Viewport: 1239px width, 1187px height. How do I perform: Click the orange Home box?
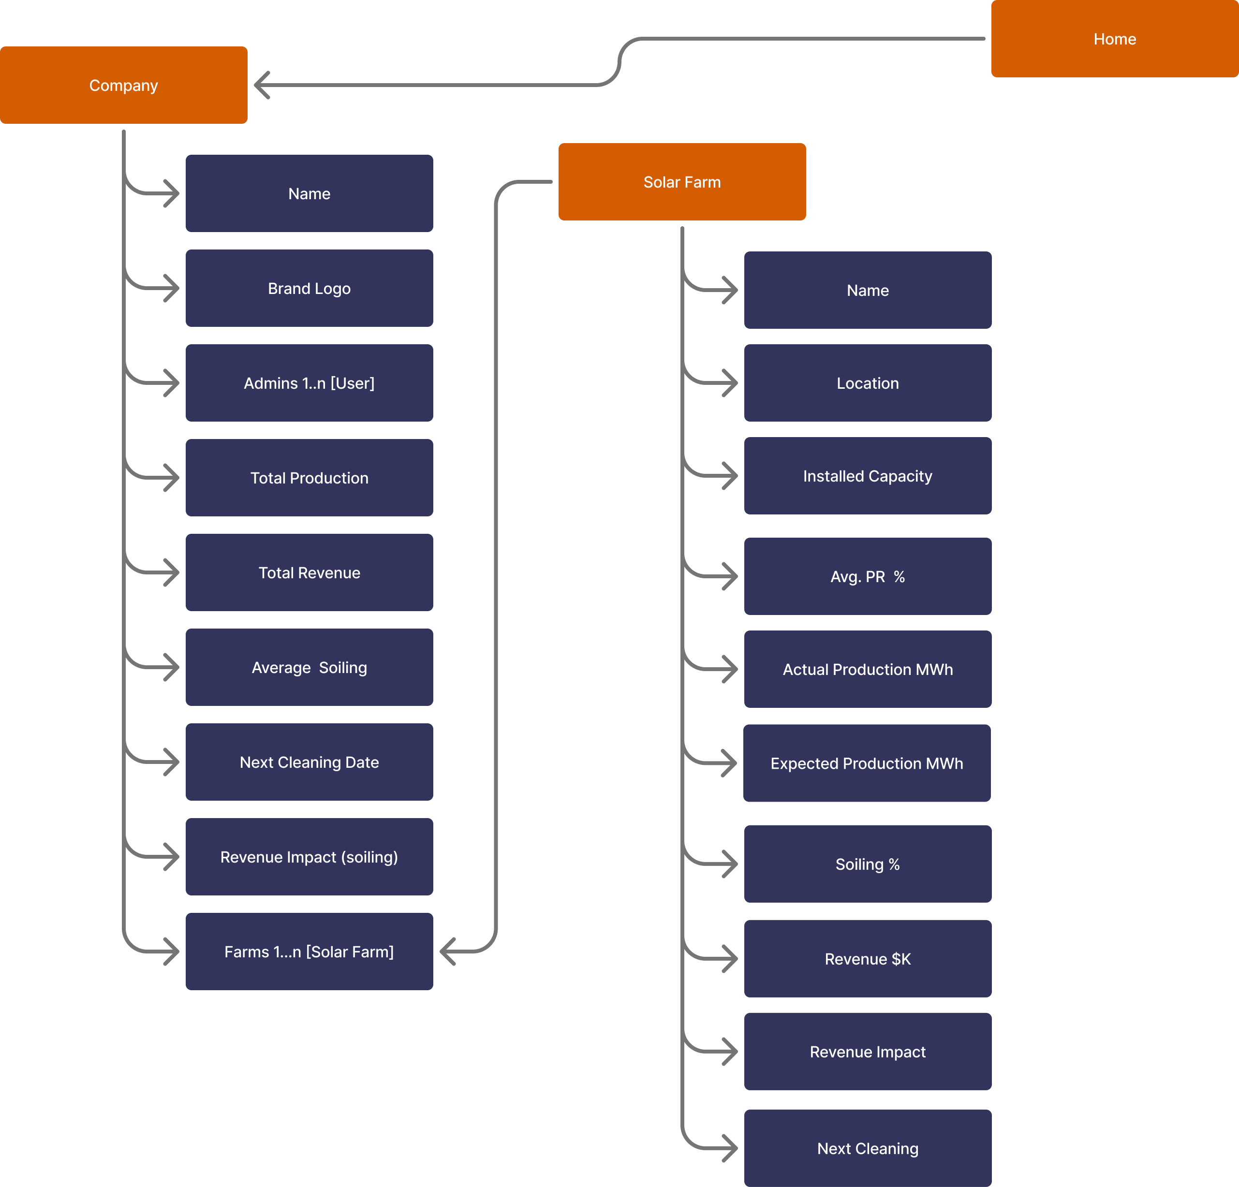point(1114,39)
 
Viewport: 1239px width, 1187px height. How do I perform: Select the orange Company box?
point(123,85)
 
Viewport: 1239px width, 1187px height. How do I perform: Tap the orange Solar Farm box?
point(681,182)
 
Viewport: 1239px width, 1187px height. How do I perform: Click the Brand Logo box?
point(309,288)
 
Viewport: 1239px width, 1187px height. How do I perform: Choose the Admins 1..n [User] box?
point(309,383)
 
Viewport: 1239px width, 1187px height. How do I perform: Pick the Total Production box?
point(309,478)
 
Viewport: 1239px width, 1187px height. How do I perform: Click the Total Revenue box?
point(309,572)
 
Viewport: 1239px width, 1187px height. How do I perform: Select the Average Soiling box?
point(309,667)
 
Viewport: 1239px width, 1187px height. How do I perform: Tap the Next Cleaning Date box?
point(309,762)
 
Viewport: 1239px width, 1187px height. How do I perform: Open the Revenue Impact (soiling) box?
point(309,857)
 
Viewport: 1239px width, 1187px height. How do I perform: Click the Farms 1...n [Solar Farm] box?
point(309,952)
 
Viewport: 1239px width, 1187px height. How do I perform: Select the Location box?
point(867,383)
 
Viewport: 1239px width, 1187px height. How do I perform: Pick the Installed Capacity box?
point(867,476)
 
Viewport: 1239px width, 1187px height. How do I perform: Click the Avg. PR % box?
point(867,576)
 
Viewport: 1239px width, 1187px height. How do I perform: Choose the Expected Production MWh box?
point(867,763)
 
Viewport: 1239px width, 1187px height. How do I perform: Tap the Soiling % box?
point(867,864)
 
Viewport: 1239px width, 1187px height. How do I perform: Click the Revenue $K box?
point(867,959)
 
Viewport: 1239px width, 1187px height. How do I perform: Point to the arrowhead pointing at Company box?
point(261,85)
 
